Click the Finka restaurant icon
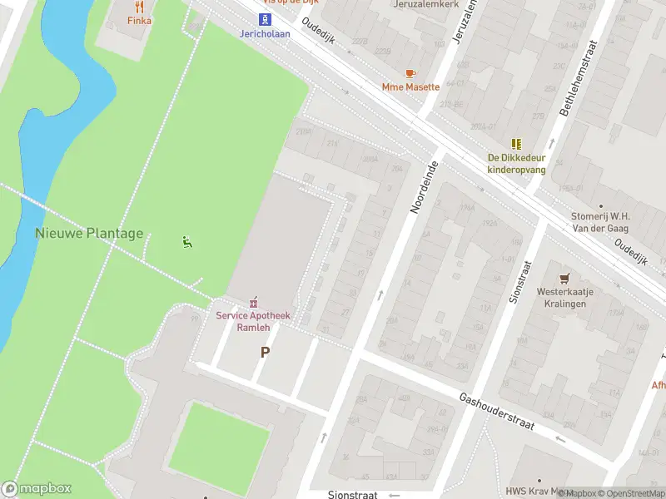tap(139, 7)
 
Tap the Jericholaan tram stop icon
tap(264, 19)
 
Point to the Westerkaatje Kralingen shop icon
tap(566, 279)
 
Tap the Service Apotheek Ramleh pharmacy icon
tap(253, 302)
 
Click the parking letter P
tap(265, 352)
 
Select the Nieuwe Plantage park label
tap(89, 234)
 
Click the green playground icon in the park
tap(186, 243)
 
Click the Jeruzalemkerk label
tap(426, 3)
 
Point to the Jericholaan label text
tap(264, 34)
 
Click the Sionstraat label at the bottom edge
tap(353, 494)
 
